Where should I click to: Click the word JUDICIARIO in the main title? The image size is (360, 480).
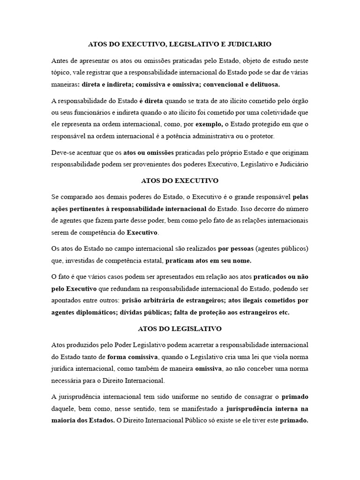click(x=248, y=44)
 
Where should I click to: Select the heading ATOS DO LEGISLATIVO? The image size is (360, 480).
click(x=180, y=329)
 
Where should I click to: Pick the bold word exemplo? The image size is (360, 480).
click(x=209, y=124)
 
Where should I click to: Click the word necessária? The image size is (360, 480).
click(x=70, y=380)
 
